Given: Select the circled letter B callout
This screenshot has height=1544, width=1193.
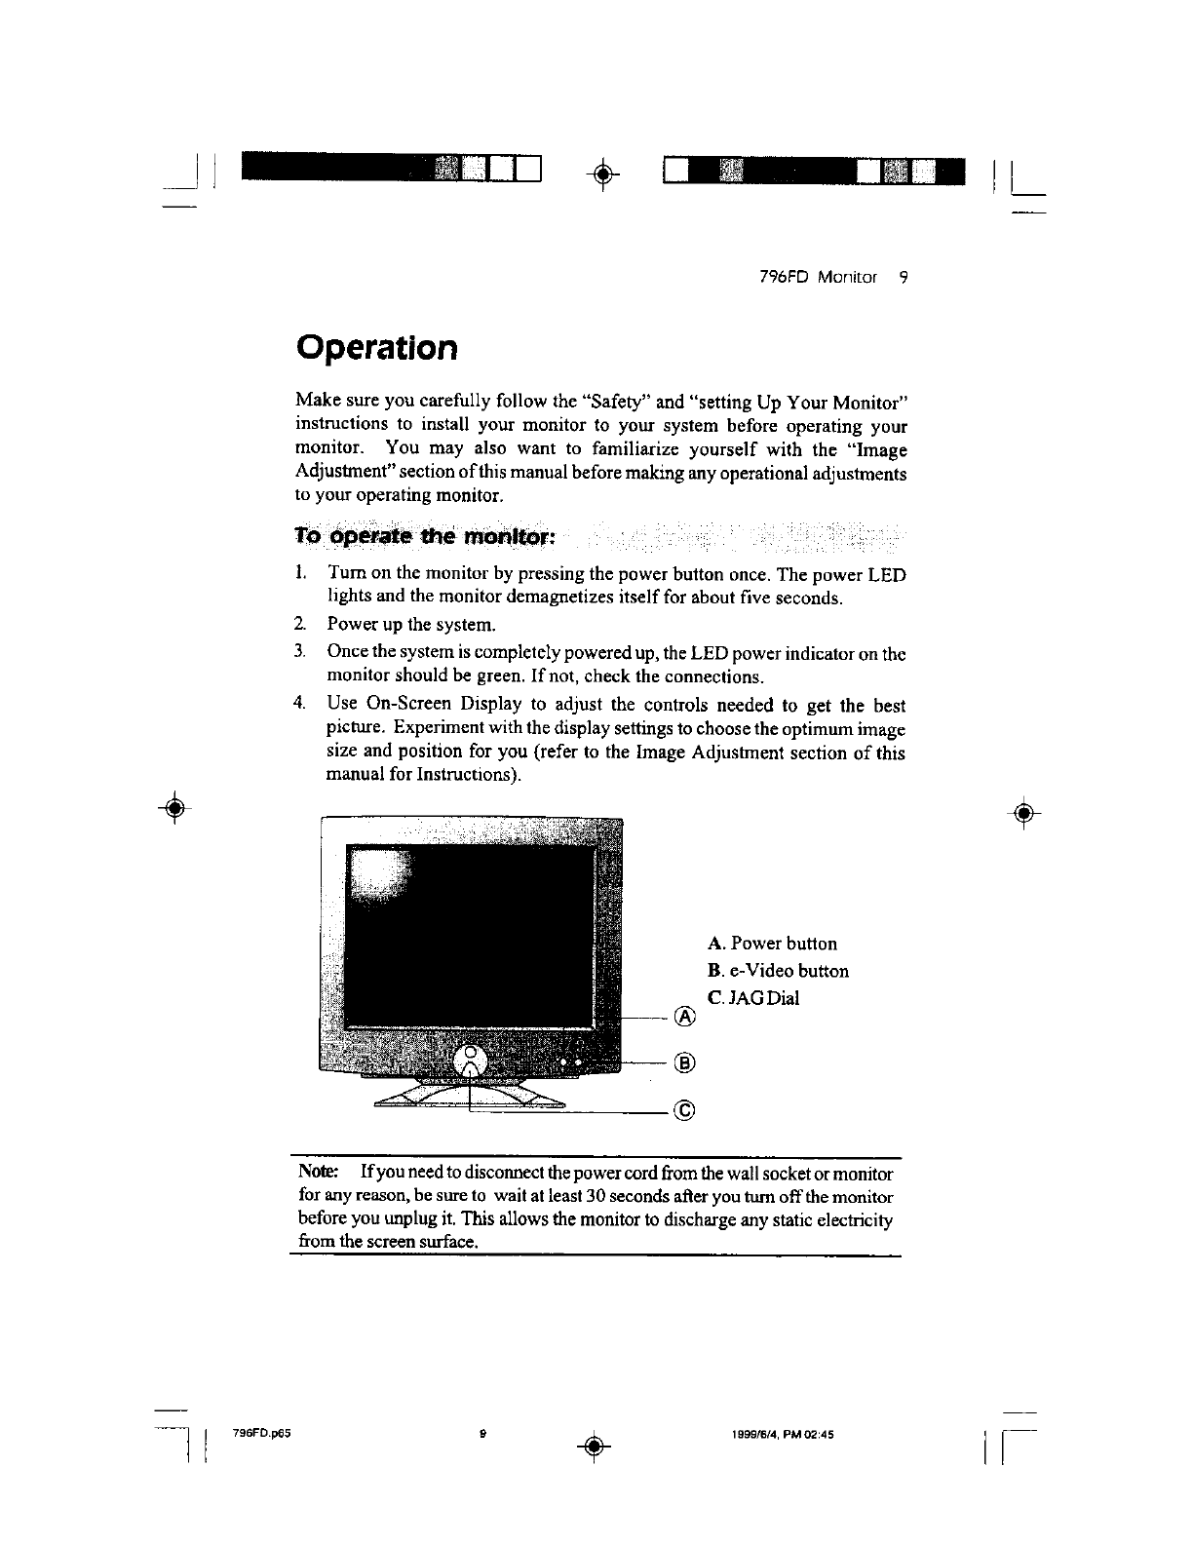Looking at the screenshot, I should click(685, 1062).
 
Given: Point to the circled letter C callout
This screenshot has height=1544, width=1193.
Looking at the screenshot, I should click(685, 1109).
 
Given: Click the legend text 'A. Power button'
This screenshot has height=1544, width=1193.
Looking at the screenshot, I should click(772, 944).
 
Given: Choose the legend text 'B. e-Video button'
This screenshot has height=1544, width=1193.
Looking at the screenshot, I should click(778, 971).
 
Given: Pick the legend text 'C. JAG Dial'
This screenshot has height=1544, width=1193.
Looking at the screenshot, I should click(753, 998).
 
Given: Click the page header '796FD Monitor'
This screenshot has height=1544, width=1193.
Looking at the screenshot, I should click(818, 278).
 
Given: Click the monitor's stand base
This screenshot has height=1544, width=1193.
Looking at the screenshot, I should click(470, 1099).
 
